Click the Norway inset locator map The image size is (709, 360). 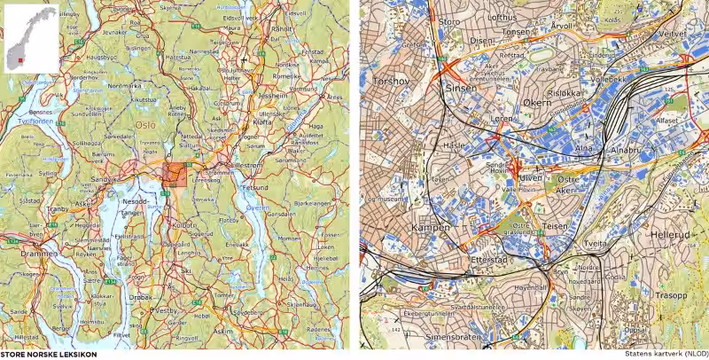[x=30, y=38]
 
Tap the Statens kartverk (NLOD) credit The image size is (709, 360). [x=665, y=355]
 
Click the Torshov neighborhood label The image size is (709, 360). [x=391, y=79]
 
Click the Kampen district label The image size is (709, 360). [x=431, y=228]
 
